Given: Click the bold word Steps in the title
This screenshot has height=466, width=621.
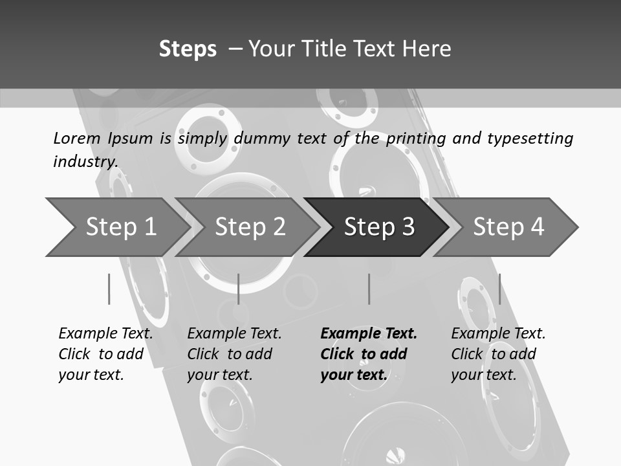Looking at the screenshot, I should (188, 49).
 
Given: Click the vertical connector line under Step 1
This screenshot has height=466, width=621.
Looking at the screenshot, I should (109, 289).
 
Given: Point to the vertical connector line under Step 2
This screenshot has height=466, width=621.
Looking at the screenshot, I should (239, 289).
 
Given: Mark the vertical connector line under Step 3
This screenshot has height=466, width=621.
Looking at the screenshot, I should (369, 289).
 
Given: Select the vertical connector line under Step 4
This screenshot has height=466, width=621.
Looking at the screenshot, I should (500, 289).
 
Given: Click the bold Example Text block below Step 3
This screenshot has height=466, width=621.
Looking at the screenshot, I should (369, 354).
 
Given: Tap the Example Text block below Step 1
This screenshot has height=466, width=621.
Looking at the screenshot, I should (105, 354).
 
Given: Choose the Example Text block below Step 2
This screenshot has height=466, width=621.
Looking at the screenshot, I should (234, 354).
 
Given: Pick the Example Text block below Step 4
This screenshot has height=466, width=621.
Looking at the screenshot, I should (498, 354).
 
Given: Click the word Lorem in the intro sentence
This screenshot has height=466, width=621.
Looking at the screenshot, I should (77, 139).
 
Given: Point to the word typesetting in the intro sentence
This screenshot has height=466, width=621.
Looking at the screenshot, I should (530, 139).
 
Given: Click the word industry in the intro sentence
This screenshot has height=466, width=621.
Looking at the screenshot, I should (85, 162).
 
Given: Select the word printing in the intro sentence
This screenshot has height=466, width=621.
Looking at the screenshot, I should (416, 139).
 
